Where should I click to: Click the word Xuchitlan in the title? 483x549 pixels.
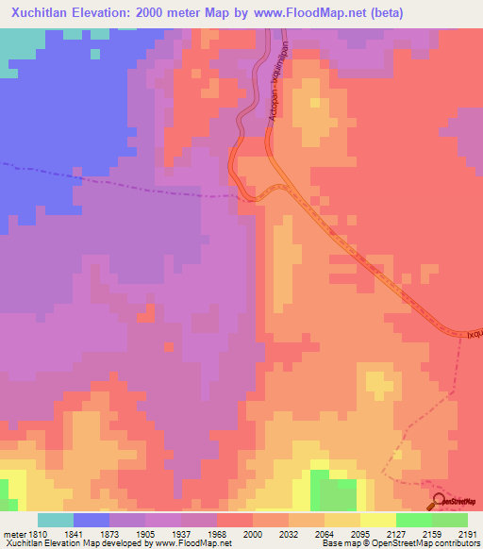[x=43, y=13]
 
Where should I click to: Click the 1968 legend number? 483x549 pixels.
[x=216, y=533]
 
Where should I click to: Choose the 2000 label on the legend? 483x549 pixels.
[x=252, y=533]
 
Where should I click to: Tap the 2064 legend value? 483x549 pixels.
[x=323, y=533]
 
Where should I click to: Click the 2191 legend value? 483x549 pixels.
[x=466, y=533]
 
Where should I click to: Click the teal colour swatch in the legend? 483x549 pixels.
[x=56, y=520]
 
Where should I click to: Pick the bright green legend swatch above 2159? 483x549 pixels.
[x=413, y=520]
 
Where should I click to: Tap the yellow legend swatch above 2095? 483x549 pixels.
[x=377, y=520]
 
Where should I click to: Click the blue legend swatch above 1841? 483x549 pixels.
[x=92, y=520]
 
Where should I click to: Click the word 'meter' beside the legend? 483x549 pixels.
[x=13, y=533]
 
